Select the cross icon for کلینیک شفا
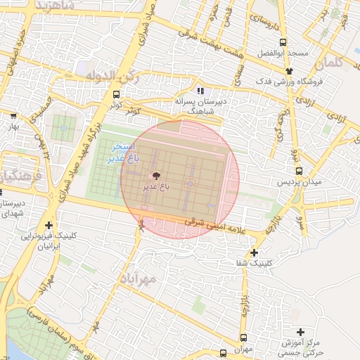tap(254, 252)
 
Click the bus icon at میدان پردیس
tap(299, 171)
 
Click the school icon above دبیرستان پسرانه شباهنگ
tap(200, 90)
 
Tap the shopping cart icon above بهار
tap(13, 115)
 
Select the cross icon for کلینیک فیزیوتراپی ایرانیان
tap(48, 225)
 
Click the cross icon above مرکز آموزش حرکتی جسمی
tap(301, 332)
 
